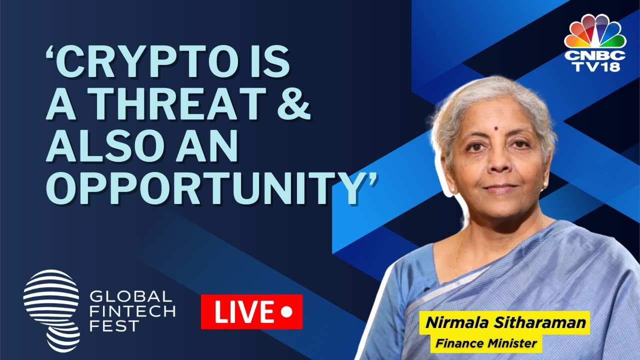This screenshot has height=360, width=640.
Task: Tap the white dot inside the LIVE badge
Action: tap(286, 312)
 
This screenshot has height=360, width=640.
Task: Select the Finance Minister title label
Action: tap(486, 343)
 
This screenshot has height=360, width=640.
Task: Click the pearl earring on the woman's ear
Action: tap(453, 190)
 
